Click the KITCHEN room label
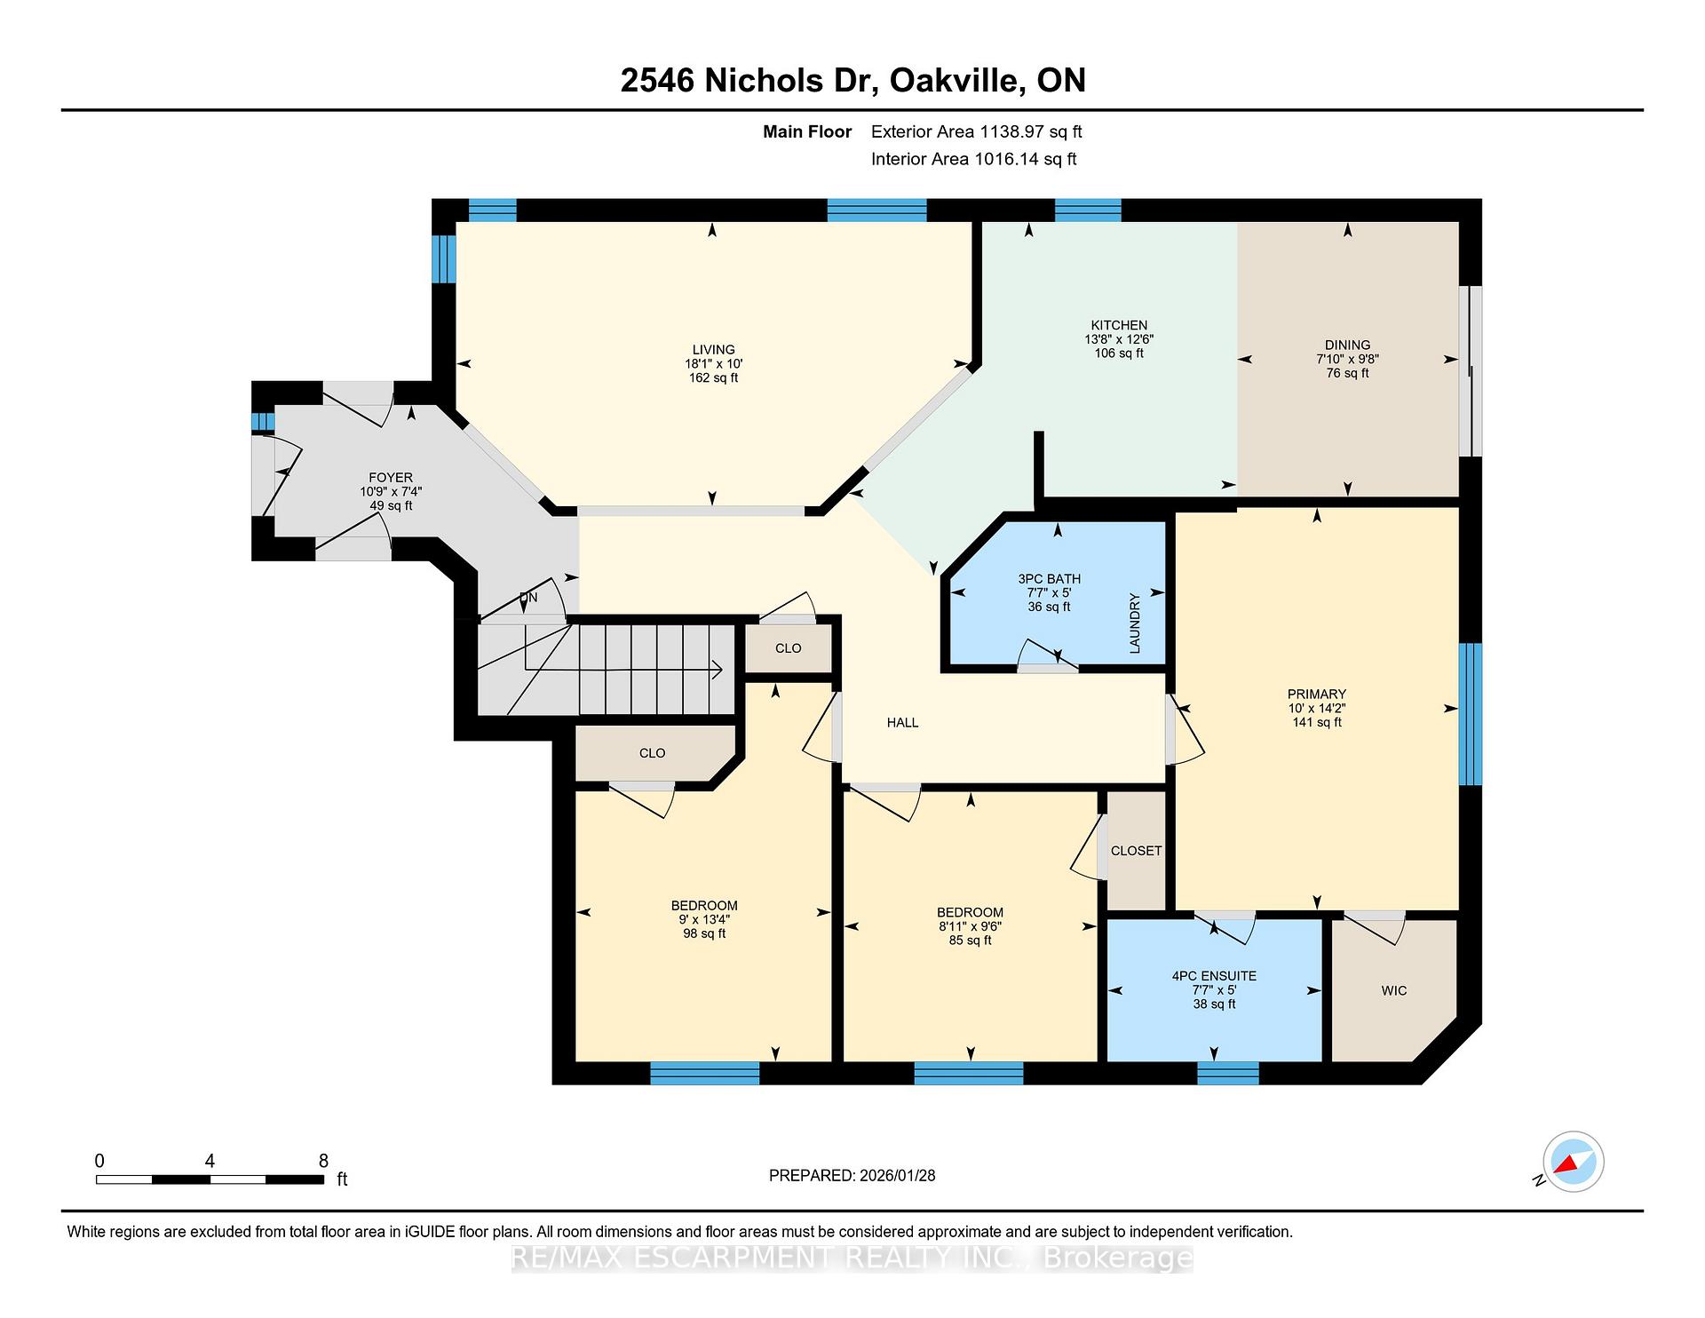click(x=1119, y=325)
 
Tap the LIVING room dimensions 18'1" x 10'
click(x=713, y=363)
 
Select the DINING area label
click(x=1347, y=345)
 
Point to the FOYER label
click(x=391, y=478)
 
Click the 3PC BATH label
click(x=1049, y=579)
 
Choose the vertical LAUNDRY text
click(x=1134, y=623)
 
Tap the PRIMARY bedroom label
click(x=1316, y=695)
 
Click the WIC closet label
click(x=1393, y=990)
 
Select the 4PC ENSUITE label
click(x=1214, y=976)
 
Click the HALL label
click(x=902, y=723)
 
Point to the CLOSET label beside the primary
click(x=1136, y=851)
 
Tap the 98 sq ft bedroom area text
click(x=704, y=933)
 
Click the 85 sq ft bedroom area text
click(x=970, y=940)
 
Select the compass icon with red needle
click(x=1573, y=1162)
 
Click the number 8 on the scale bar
click(x=323, y=1161)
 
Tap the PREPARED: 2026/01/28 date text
click(x=852, y=1176)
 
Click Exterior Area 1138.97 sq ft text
click(x=976, y=132)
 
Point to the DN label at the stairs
click(x=528, y=598)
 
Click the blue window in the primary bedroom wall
click(x=1471, y=714)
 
